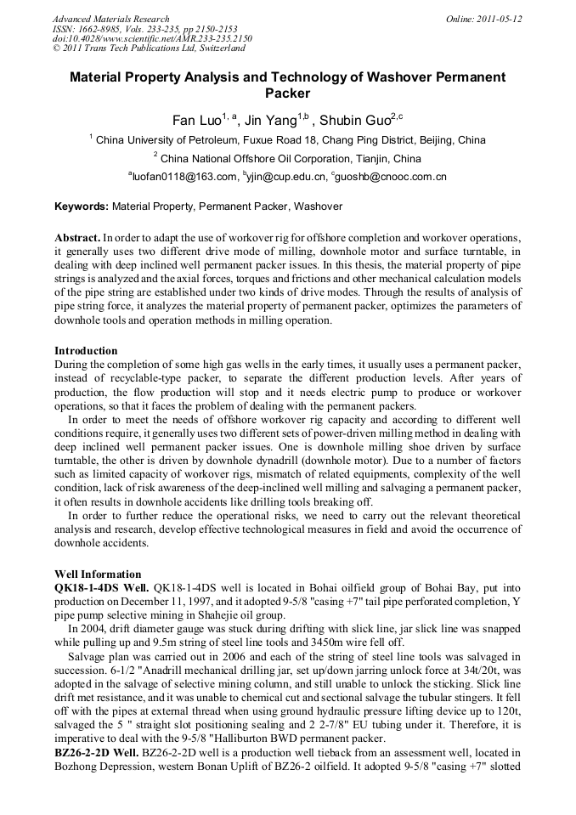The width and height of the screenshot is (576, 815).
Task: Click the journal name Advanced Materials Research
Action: pyautogui.click(x=110, y=19)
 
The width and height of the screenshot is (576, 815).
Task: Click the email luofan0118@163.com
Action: pyautogui.click(x=184, y=178)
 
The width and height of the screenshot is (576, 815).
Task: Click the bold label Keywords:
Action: pyautogui.click(x=82, y=207)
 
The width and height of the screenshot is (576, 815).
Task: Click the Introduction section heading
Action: pyautogui.click(x=86, y=350)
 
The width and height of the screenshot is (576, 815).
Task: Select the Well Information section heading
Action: pyautogui.click(x=98, y=574)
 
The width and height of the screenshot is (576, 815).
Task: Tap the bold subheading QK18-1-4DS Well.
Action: pyautogui.click(x=102, y=586)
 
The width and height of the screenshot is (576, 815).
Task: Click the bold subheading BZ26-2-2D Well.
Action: pyautogui.click(x=99, y=753)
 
